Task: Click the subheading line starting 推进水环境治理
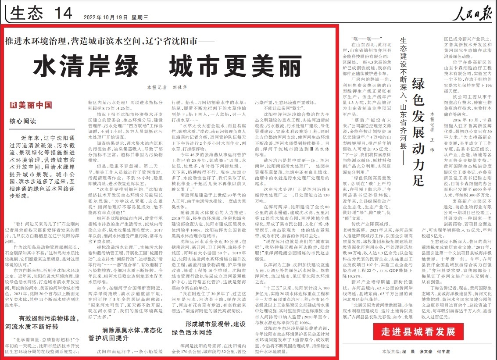(108, 43)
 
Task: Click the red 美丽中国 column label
(35, 105)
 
